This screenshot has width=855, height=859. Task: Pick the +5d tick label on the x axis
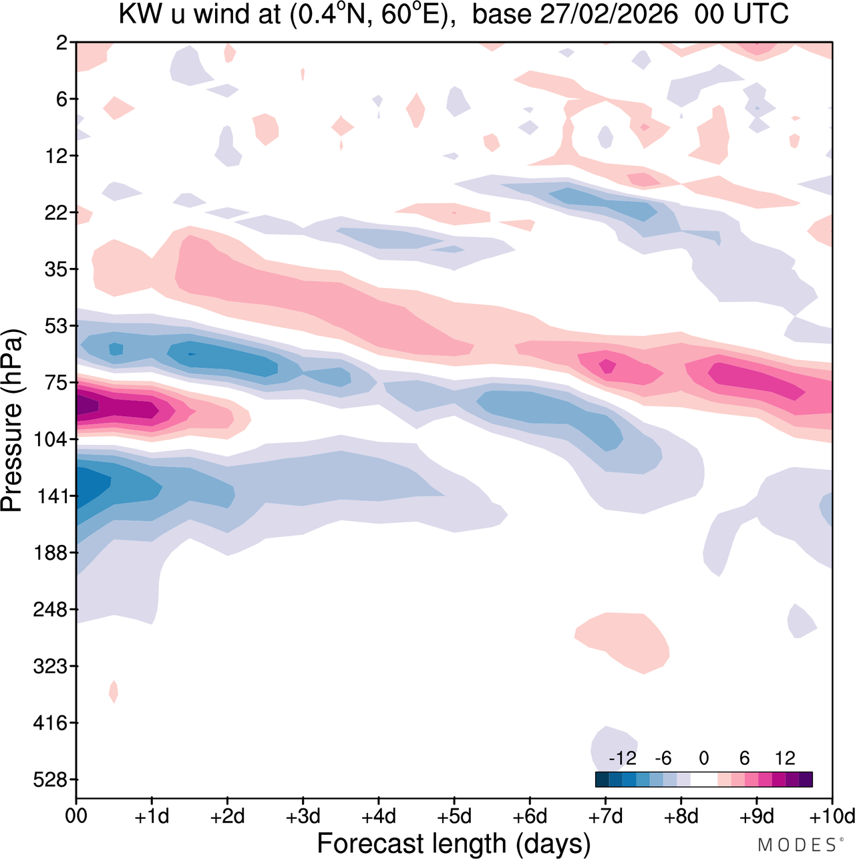pos(454,816)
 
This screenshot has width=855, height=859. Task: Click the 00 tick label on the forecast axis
pos(76,816)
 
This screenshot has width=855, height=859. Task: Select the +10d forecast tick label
pos(832,816)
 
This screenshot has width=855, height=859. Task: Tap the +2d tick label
pos(227,816)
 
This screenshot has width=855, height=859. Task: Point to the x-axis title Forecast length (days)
pos(454,843)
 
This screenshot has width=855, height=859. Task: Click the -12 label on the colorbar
pos(622,758)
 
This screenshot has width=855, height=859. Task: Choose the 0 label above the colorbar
pos(703,758)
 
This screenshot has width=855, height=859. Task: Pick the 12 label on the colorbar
pos(785,758)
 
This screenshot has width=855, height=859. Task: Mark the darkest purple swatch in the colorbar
pos(806,780)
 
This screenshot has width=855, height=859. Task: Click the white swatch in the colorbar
pos(703,780)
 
